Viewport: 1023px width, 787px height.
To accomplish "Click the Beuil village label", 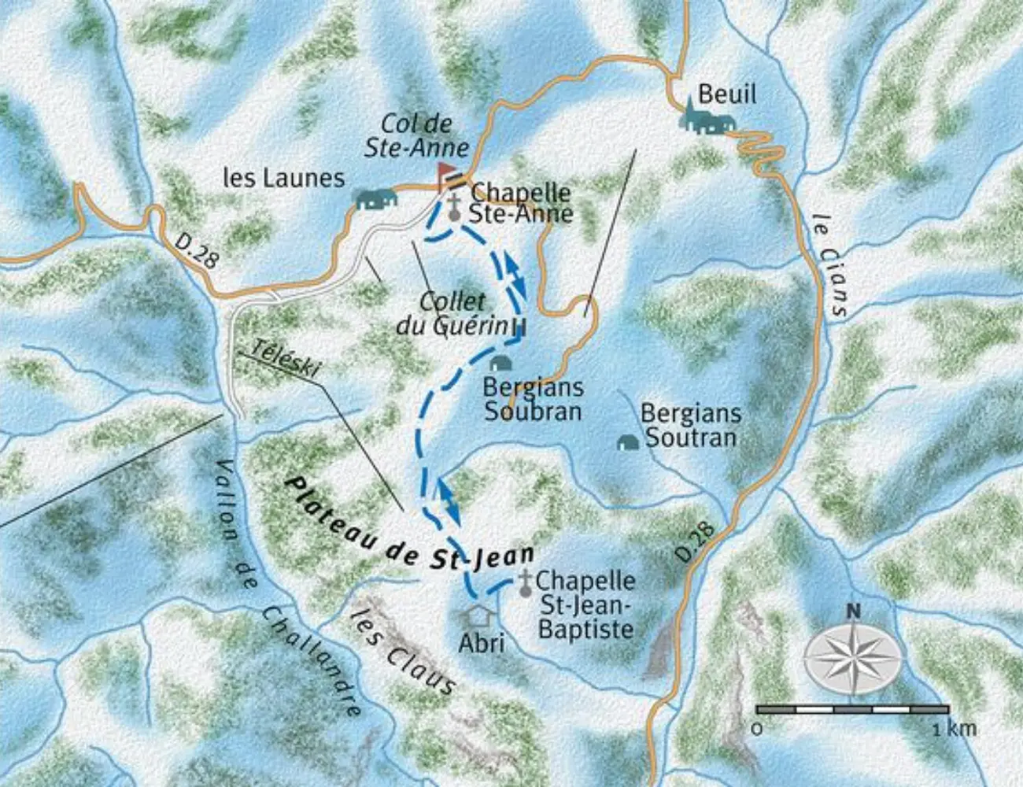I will pos(726,94).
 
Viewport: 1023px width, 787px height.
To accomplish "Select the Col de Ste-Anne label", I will pos(416,135).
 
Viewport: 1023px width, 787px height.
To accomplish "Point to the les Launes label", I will pos(283,178).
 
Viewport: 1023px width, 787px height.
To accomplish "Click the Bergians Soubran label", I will pos(533,399).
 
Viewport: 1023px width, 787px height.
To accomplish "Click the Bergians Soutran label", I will pos(690,425).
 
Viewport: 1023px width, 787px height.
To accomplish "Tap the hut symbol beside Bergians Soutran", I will pos(627,443).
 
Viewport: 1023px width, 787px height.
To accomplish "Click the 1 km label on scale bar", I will pos(955,728).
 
